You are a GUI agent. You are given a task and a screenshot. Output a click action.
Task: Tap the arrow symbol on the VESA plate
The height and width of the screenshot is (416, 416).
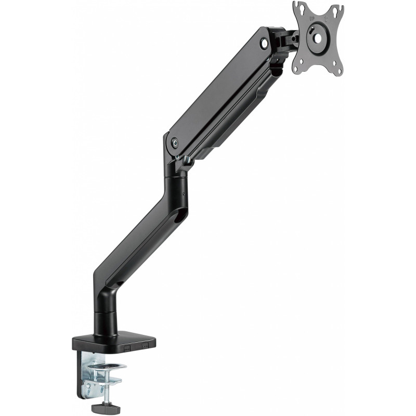coord(326,19)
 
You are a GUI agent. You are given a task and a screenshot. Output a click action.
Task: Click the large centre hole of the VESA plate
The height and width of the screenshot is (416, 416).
coord(318,38)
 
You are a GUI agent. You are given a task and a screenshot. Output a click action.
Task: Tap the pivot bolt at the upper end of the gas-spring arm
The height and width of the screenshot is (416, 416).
coord(264,43)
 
